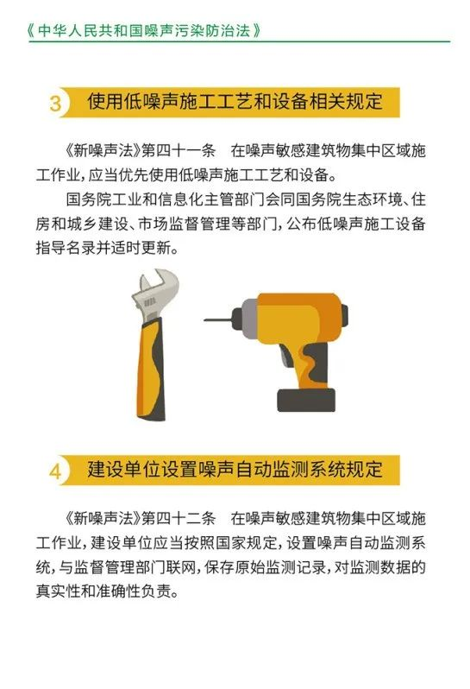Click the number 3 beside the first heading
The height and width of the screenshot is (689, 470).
coord(56,104)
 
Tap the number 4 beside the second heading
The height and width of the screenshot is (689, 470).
coord(56,471)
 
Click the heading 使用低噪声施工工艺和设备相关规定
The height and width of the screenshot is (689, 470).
coord(235,102)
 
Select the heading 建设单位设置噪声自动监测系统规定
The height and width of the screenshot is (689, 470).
coord(235,470)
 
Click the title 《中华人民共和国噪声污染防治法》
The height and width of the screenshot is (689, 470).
coord(144,30)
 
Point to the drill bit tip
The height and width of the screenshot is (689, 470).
coord(204,319)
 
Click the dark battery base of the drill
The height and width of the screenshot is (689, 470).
coord(306,400)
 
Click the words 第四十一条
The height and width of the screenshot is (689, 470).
coord(179,151)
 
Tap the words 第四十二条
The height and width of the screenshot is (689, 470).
coord(179,519)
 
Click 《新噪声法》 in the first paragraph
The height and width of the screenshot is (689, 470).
coord(103,151)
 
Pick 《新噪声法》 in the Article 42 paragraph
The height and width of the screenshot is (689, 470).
coord(103,519)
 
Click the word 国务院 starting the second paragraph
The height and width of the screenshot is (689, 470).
coord(88,200)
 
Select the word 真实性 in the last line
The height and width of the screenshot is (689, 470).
coord(59,591)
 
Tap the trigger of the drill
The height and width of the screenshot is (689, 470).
coord(286,357)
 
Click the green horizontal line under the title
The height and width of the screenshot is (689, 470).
coord(240,41)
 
